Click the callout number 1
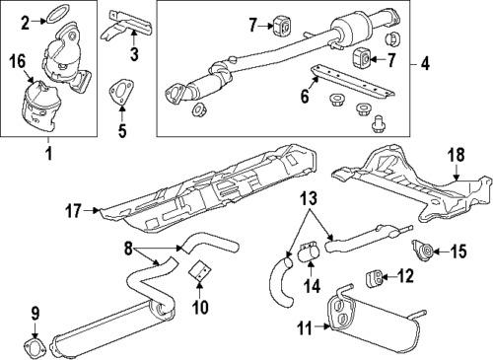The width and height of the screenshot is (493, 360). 46,156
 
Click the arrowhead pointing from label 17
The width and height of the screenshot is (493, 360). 96,210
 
